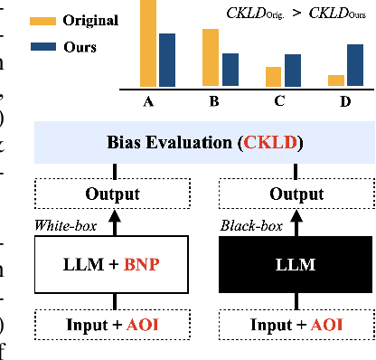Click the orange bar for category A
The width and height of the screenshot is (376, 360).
146,42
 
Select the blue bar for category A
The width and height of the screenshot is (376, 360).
166,58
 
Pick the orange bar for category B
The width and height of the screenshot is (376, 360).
210,56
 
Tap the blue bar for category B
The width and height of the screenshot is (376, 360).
230,68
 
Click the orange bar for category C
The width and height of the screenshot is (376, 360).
273,75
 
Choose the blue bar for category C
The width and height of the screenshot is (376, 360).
293,69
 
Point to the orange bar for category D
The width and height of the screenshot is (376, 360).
336,79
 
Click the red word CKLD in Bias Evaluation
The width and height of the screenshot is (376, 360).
270,144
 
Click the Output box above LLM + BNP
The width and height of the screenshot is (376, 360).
112,194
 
